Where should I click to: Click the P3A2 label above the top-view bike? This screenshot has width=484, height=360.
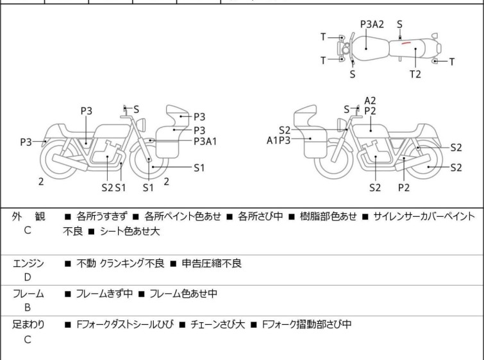click(x=372, y=24)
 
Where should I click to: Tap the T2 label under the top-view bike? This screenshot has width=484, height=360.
click(x=415, y=74)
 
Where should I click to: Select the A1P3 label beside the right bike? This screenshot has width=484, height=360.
click(x=279, y=139)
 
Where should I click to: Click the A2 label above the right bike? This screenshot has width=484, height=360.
click(x=370, y=100)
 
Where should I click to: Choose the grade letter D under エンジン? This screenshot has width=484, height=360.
click(x=27, y=277)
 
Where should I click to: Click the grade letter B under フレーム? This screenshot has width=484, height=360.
click(x=27, y=307)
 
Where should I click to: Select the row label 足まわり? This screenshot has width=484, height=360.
click(x=28, y=325)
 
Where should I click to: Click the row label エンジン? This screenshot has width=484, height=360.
click(x=28, y=263)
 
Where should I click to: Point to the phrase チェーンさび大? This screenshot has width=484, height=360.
click(x=217, y=325)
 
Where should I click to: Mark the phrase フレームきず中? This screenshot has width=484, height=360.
click(x=104, y=294)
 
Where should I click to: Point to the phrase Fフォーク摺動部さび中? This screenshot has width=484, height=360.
click(x=306, y=325)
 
